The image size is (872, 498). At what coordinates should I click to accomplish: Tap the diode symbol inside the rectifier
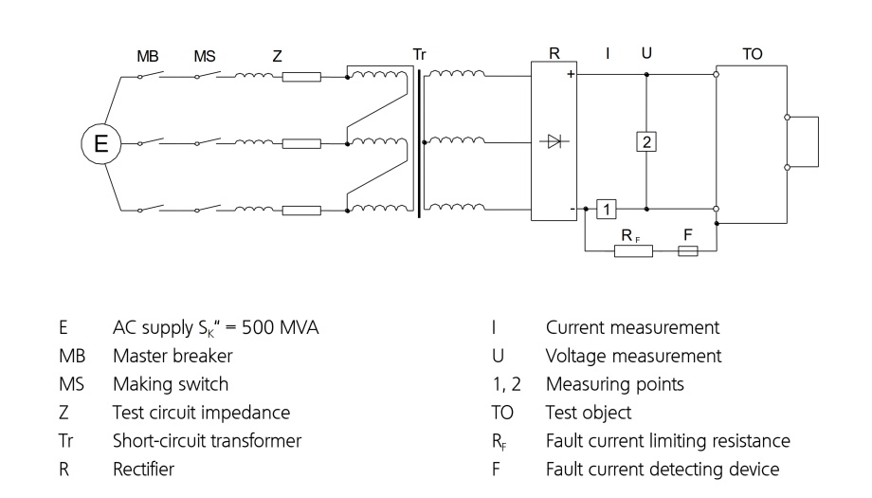pyautogui.click(x=554, y=141)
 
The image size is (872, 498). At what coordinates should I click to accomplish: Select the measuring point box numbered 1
pyautogui.click(x=607, y=210)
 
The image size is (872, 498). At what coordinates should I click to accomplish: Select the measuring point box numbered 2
pyautogui.click(x=646, y=141)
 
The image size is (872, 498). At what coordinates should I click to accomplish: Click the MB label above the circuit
pyautogui.click(x=147, y=56)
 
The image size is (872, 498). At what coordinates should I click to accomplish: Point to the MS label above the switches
pyautogui.click(x=205, y=56)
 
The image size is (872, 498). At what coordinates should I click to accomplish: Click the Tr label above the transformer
pyautogui.click(x=419, y=54)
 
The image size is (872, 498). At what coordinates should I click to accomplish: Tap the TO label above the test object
pyautogui.click(x=752, y=54)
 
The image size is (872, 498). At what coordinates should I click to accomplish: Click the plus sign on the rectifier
pyautogui.click(x=571, y=74)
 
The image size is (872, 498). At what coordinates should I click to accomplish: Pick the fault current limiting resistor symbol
pyautogui.click(x=633, y=251)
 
